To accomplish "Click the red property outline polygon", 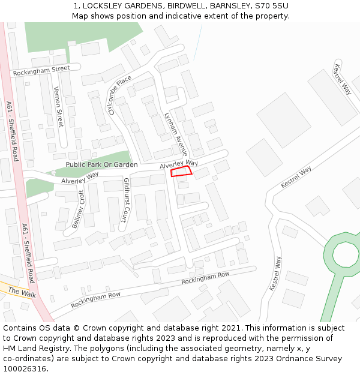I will click(x=181, y=172).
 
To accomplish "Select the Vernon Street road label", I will click(x=58, y=106).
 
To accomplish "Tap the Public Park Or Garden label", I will click(x=101, y=164).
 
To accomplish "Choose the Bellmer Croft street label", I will click(x=79, y=209).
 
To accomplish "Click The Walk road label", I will click(x=22, y=292).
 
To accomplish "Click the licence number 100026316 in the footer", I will click(x=25, y=368).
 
